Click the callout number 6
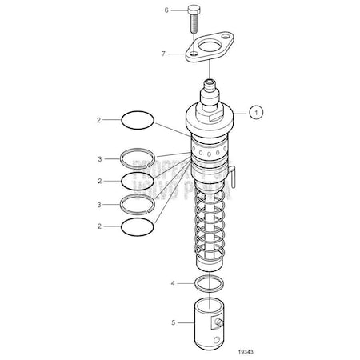(166, 10)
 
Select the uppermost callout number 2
(100, 121)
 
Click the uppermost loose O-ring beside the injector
(136, 121)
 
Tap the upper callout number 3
(100, 159)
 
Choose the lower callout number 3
(100, 205)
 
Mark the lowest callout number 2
(100, 227)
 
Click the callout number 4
(173, 282)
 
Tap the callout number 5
(173, 324)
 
